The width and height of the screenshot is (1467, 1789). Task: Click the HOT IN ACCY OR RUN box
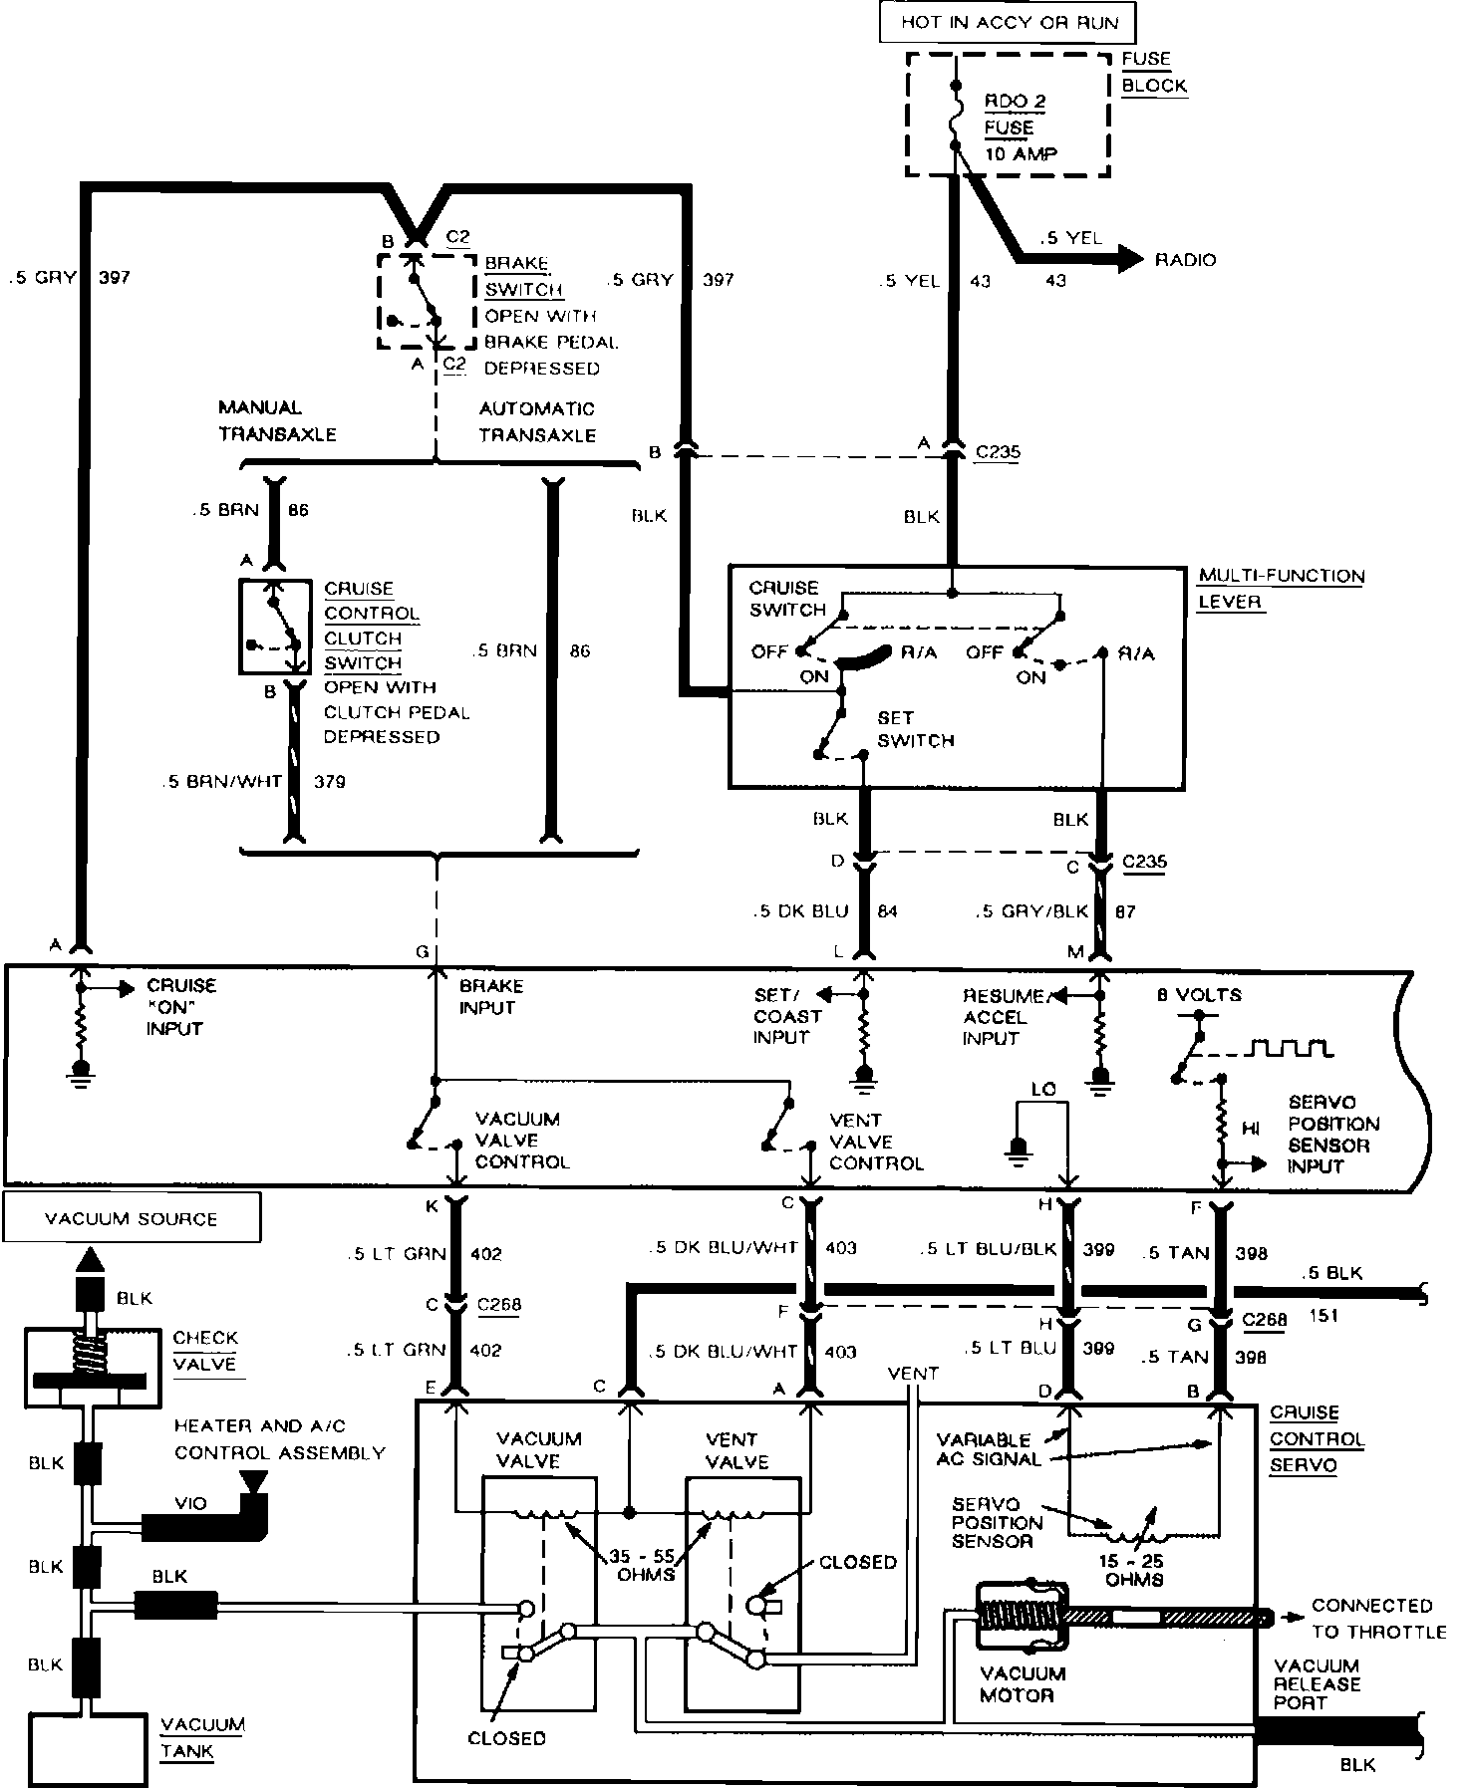1008,22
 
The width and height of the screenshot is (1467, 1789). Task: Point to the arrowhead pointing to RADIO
1129,259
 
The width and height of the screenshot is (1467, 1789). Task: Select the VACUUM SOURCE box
132,1217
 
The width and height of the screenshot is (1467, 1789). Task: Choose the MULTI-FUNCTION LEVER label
1281,589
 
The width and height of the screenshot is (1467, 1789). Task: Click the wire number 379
330,782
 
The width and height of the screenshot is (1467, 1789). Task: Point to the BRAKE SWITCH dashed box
427,300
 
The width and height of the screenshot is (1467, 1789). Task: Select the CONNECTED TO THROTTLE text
1378,1619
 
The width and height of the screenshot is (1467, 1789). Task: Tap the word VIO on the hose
191,1503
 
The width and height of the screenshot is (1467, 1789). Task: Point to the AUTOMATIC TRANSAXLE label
537,421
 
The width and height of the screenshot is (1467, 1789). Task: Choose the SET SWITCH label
916,728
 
